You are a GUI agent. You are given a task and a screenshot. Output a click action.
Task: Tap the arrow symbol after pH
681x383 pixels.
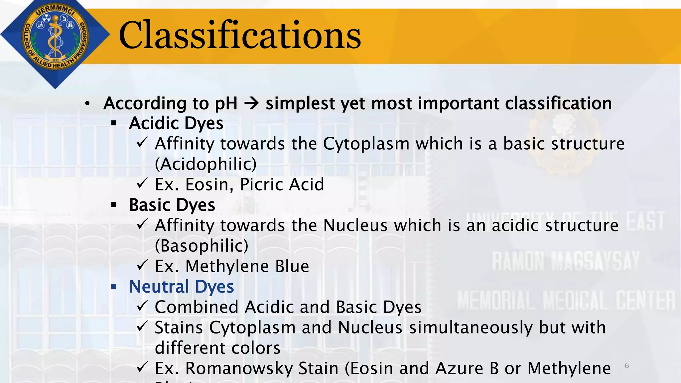pos(251,104)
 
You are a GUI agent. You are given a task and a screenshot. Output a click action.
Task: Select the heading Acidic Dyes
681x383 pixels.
pos(176,124)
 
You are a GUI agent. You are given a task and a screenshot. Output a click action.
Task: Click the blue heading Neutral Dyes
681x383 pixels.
pos(182,287)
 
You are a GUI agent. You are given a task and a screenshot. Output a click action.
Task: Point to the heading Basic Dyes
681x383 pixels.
pos(172,205)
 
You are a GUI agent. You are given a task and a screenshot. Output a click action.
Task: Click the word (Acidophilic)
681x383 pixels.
pos(206,164)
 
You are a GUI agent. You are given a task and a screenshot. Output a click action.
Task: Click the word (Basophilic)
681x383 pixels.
pos(202,246)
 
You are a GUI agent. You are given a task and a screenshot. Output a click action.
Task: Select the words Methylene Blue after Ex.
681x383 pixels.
pos(247,266)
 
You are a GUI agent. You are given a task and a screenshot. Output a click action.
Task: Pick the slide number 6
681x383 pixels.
pos(627,366)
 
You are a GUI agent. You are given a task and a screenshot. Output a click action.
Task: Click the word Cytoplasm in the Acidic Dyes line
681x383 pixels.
pos(366,144)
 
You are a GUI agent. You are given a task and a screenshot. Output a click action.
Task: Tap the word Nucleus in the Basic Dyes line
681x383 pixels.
pos(355,226)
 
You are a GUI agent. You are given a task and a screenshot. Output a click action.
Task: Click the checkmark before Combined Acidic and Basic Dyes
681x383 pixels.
pos(142,306)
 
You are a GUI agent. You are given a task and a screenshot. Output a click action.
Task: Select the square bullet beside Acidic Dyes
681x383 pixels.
pos(114,124)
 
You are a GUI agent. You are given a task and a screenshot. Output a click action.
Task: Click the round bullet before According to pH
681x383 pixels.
pos(87,104)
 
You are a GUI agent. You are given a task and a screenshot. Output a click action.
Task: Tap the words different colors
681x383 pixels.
pos(217,348)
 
